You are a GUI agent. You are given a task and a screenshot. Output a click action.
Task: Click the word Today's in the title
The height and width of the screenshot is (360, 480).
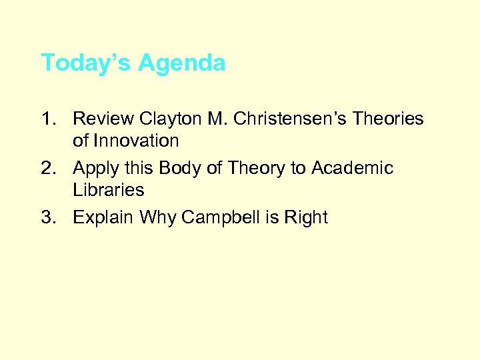point(86,63)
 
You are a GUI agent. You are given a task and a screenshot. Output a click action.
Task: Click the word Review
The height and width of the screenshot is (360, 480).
point(103,119)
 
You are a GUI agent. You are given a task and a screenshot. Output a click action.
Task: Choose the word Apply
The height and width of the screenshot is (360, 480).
point(95,169)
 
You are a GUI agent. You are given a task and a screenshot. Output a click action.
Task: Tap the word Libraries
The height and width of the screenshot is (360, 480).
point(108,190)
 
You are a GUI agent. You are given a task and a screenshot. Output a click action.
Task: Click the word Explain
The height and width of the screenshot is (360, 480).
point(103,218)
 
